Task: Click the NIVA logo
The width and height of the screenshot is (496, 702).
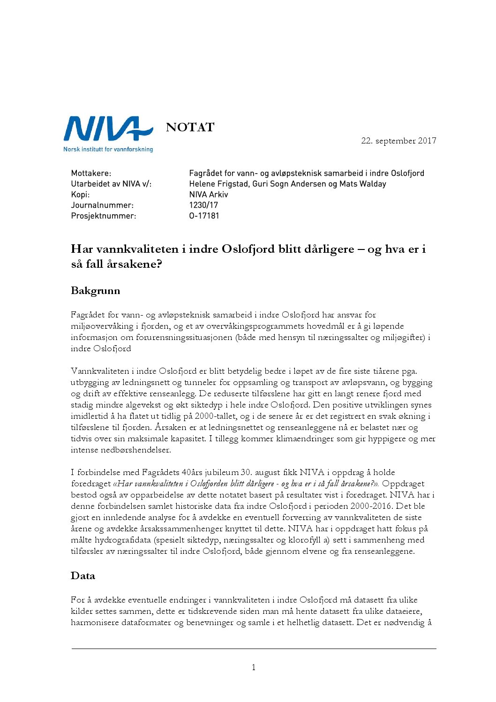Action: point(108,129)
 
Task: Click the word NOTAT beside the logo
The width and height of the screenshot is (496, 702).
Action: point(190,128)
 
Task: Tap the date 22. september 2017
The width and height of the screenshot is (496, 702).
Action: point(398,141)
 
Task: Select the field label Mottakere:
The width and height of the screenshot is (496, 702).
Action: point(91,173)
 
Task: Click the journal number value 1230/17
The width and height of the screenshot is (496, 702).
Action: point(203,205)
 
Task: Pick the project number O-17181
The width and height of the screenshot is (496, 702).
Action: point(204,216)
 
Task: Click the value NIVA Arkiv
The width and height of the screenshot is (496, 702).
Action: point(209,194)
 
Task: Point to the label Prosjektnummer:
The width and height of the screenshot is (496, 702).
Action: point(104,216)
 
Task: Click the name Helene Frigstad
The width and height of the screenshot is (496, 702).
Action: point(218,184)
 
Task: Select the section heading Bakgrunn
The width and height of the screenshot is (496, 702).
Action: point(96,291)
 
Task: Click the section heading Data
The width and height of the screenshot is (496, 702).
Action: point(83,576)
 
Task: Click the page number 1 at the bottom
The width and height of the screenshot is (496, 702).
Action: point(254,667)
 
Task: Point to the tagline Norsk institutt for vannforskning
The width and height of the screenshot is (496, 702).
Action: point(108,149)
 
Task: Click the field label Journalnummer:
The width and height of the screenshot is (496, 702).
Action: point(102,205)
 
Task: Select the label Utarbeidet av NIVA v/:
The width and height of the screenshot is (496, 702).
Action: point(111,184)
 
